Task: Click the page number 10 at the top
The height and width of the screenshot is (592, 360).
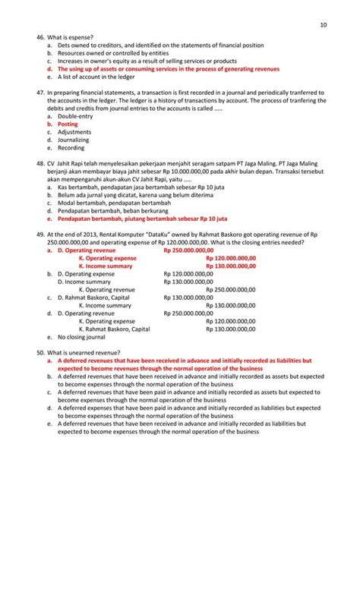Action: pyautogui.click(x=324, y=26)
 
